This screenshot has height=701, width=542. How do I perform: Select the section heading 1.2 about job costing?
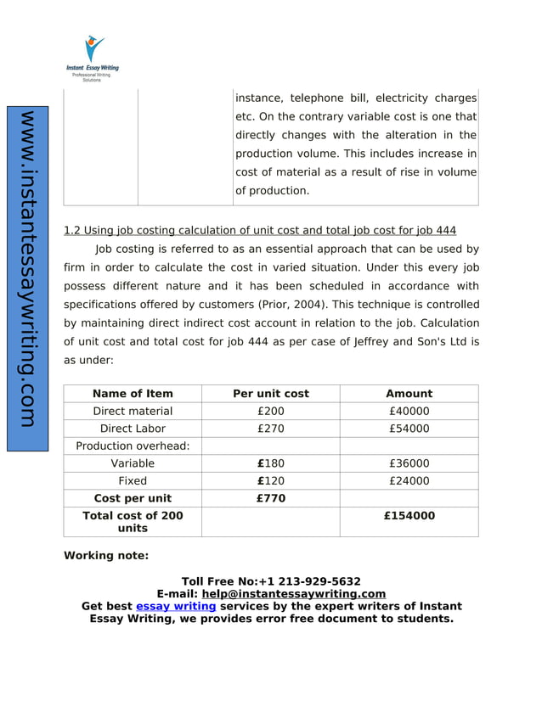(260, 231)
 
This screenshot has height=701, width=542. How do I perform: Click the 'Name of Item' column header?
(133, 394)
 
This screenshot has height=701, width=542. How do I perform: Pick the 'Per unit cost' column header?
(271, 394)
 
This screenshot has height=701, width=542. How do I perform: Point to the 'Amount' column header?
(409, 394)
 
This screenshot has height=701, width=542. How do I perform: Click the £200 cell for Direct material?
(271, 412)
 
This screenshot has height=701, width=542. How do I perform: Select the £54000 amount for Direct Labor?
(409, 429)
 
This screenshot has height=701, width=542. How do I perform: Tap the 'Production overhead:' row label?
(133, 446)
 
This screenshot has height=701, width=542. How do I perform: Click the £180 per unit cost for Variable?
(271, 463)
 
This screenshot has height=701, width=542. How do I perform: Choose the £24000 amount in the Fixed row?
(409, 481)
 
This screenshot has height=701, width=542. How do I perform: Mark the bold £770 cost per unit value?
(271, 498)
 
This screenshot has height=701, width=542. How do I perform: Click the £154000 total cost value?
(409, 516)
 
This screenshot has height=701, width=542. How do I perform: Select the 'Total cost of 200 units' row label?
(133, 522)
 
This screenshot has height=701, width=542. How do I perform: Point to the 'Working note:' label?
(106, 556)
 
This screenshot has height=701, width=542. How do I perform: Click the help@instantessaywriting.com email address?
(293, 594)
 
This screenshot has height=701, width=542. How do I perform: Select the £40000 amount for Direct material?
(409, 412)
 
